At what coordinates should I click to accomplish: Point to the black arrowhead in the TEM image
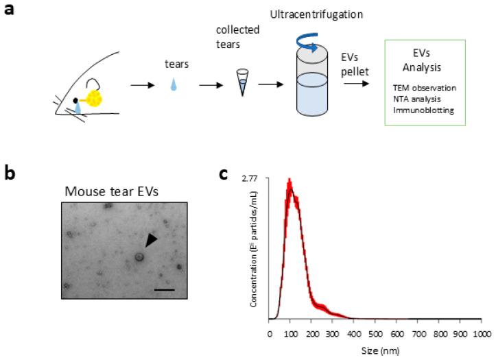click(150, 240)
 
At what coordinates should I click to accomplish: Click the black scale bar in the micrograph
click(165, 290)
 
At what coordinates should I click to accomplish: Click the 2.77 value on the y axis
click(252, 178)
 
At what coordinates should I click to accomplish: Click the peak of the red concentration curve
click(290, 181)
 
